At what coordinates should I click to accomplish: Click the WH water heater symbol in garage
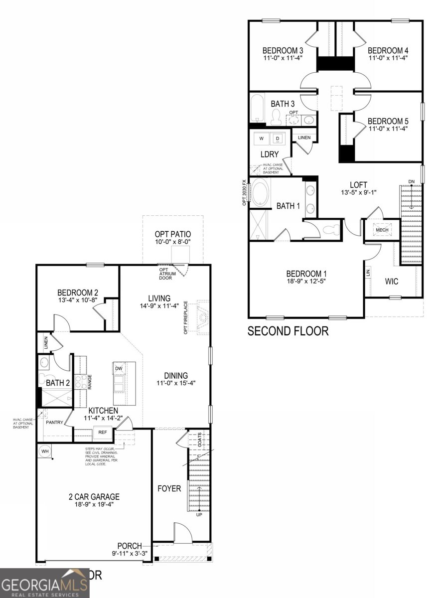45,451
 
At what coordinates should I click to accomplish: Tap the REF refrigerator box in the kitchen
103,433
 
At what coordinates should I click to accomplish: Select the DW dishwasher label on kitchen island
119,368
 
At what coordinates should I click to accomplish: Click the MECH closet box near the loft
382,230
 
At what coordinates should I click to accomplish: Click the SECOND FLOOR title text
288,331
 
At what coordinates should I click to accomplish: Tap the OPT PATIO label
173,234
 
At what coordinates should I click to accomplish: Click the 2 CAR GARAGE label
94,496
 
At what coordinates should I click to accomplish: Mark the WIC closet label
392,282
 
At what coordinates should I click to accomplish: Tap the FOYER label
169,488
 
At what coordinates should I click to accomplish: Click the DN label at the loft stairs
411,181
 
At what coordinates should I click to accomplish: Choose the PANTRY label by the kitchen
54,423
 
